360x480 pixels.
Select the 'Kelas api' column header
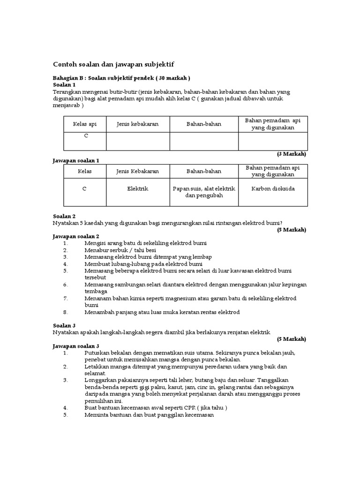85,124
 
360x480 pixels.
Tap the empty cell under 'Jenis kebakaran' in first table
138,141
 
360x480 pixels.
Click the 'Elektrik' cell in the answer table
138,188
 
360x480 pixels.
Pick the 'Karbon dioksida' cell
273,188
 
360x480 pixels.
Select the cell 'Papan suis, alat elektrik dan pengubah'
204,192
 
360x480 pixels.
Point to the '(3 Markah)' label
291,154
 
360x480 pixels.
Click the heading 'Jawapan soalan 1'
75,160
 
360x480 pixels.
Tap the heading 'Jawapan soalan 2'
75,236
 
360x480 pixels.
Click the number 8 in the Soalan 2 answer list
66,312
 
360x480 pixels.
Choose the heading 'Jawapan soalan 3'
75,345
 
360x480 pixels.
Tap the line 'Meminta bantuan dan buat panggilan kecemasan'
149,414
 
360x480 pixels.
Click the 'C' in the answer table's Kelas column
85,188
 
